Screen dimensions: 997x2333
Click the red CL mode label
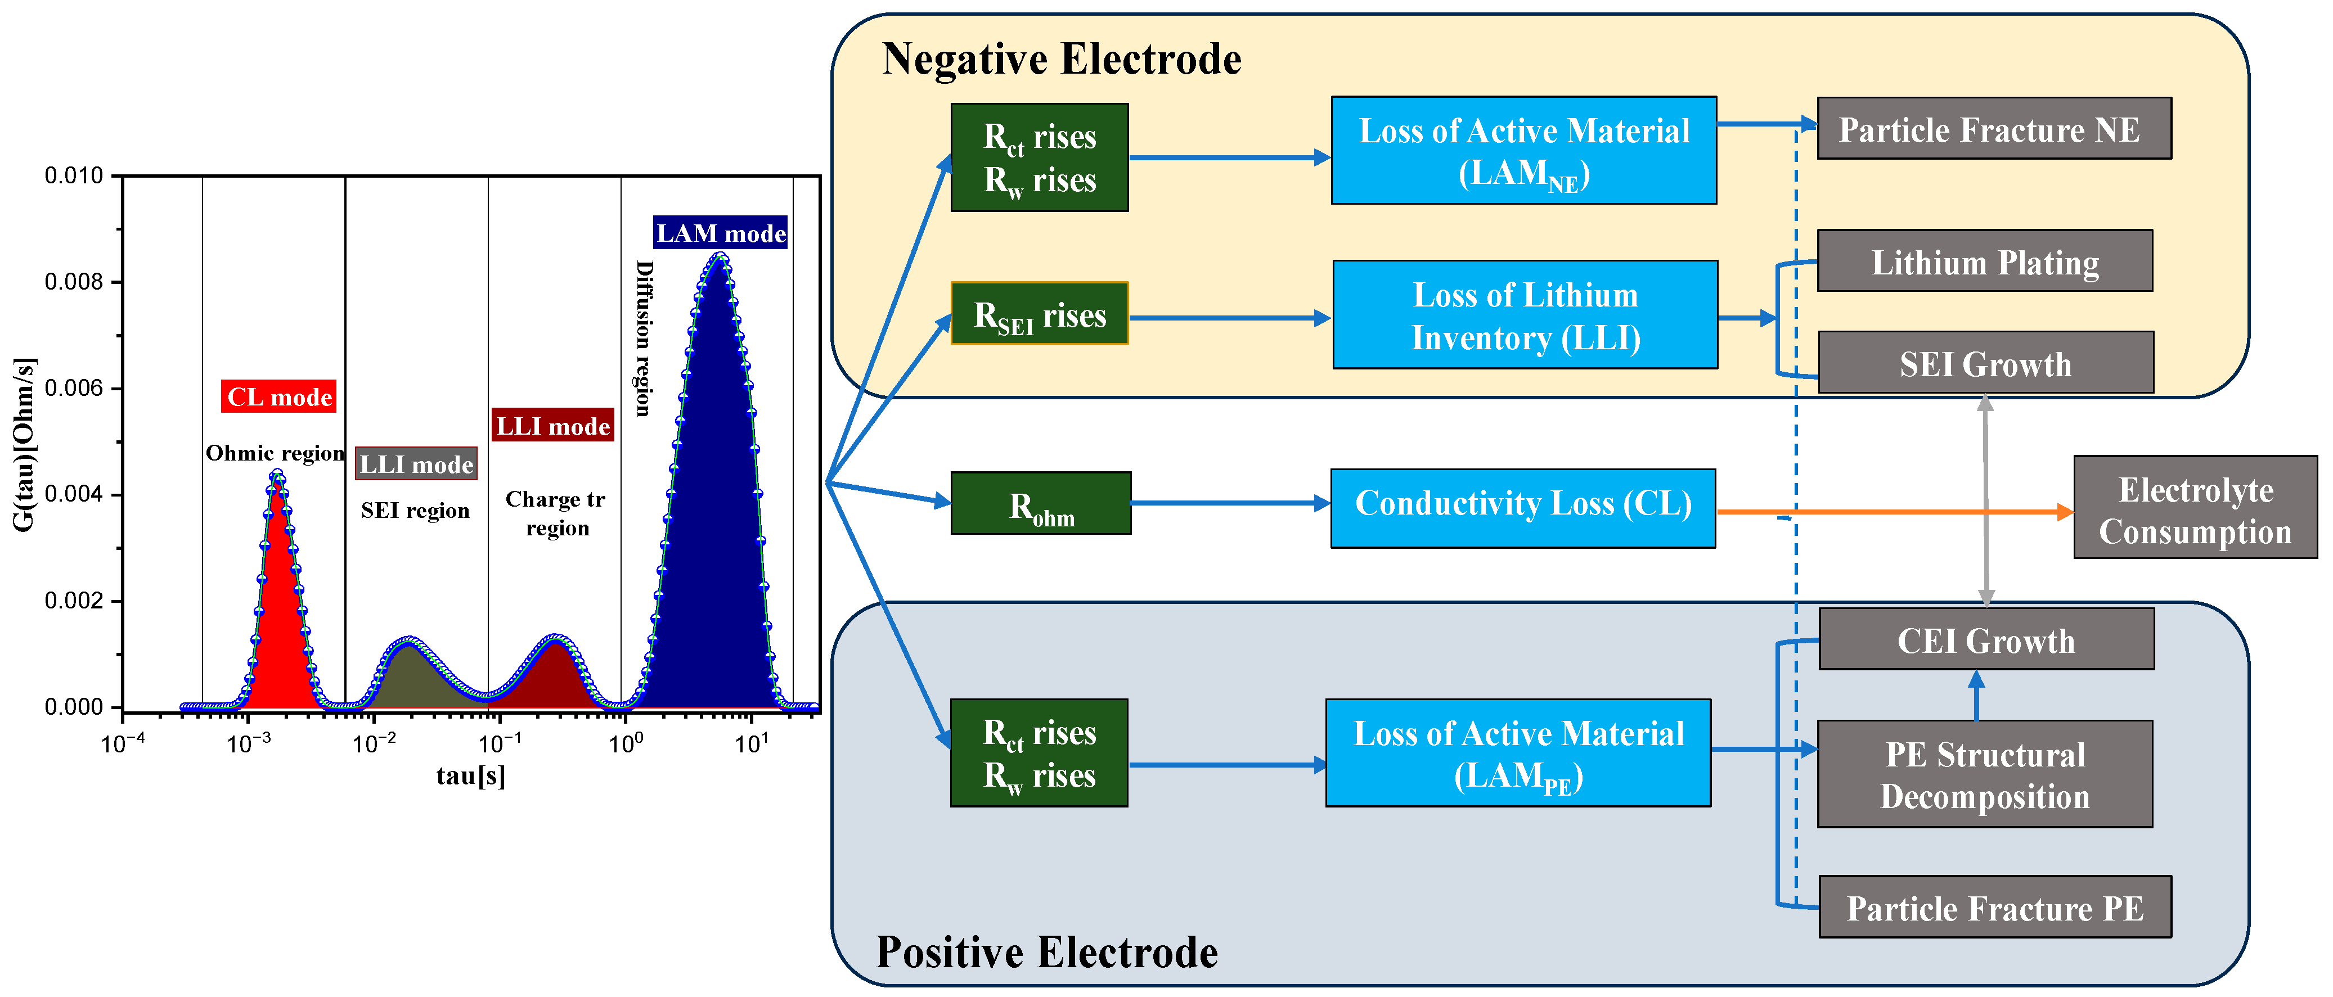pos(279,396)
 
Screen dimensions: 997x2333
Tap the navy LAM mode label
pos(720,233)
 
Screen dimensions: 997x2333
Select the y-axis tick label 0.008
pos(74,282)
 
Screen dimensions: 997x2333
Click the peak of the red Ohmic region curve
pos(277,473)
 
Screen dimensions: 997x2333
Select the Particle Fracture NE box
pos(1993,129)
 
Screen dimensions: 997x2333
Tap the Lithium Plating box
pos(1984,261)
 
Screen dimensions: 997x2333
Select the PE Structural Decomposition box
pos(1984,774)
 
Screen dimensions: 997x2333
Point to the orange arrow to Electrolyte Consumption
pos(1893,512)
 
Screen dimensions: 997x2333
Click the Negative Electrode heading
pos(1062,59)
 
